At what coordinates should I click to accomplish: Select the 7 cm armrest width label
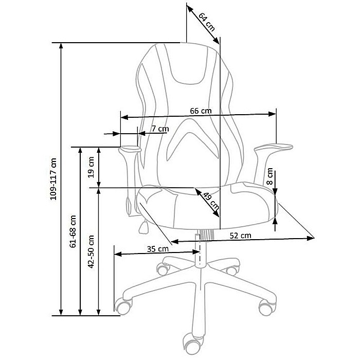(x=159, y=129)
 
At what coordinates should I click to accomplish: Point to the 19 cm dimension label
(x=91, y=167)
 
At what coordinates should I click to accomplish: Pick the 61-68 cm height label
(x=73, y=231)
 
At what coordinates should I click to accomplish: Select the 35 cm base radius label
(x=157, y=249)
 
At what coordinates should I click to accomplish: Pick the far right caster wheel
(x=266, y=308)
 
